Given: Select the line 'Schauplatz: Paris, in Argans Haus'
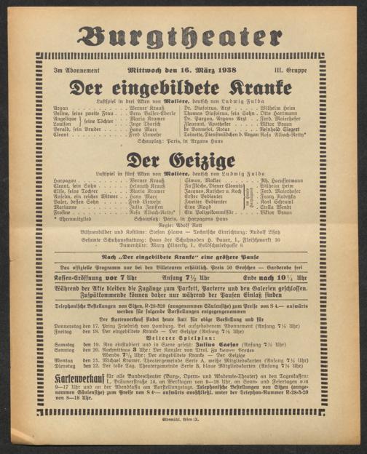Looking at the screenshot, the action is pos(183,142).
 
